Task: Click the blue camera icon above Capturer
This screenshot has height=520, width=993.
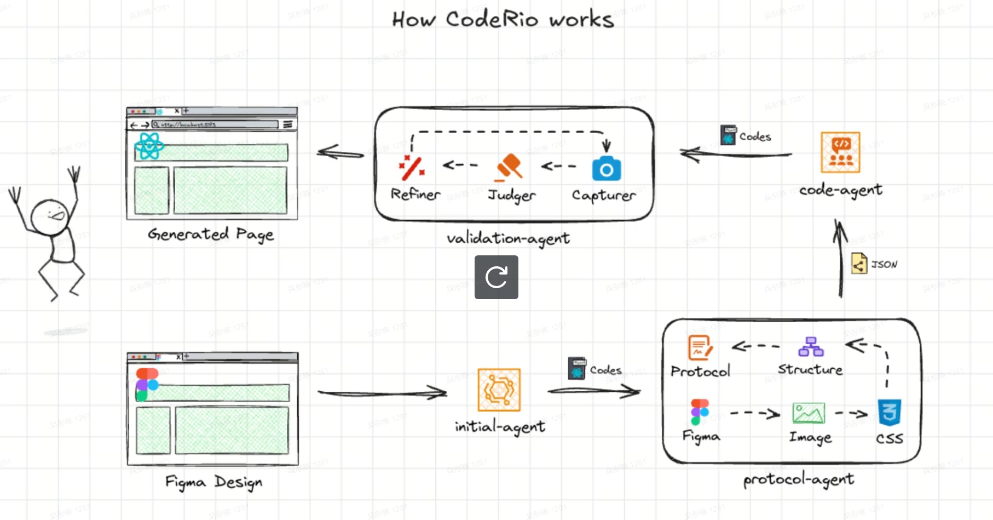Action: pyautogui.click(x=606, y=169)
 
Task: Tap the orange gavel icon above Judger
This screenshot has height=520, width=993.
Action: pyautogui.click(x=509, y=167)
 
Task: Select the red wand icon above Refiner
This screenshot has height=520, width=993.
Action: pyautogui.click(x=412, y=168)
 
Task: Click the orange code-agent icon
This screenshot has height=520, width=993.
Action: pyautogui.click(x=840, y=152)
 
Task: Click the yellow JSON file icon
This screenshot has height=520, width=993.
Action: pyautogui.click(x=859, y=264)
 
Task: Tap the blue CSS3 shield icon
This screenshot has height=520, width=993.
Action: pyautogui.click(x=889, y=413)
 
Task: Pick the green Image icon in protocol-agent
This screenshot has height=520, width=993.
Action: pyautogui.click(x=809, y=413)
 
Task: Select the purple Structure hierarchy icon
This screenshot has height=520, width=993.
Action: pyautogui.click(x=811, y=347)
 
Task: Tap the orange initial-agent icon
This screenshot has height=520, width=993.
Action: pyautogui.click(x=499, y=390)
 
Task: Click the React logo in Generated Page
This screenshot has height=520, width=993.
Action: pyautogui.click(x=149, y=146)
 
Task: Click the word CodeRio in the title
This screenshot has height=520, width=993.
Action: pyautogui.click(x=492, y=20)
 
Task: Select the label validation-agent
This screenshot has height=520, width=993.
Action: pyautogui.click(x=508, y=238)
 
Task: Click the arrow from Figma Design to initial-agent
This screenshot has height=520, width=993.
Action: pyautogui.click(x=382, y=392)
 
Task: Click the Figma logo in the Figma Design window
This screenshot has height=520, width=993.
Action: pyautogui.click(x=147, y=384)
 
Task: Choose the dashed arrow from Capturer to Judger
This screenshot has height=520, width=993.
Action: pyautogui.click(x=558, y=165)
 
